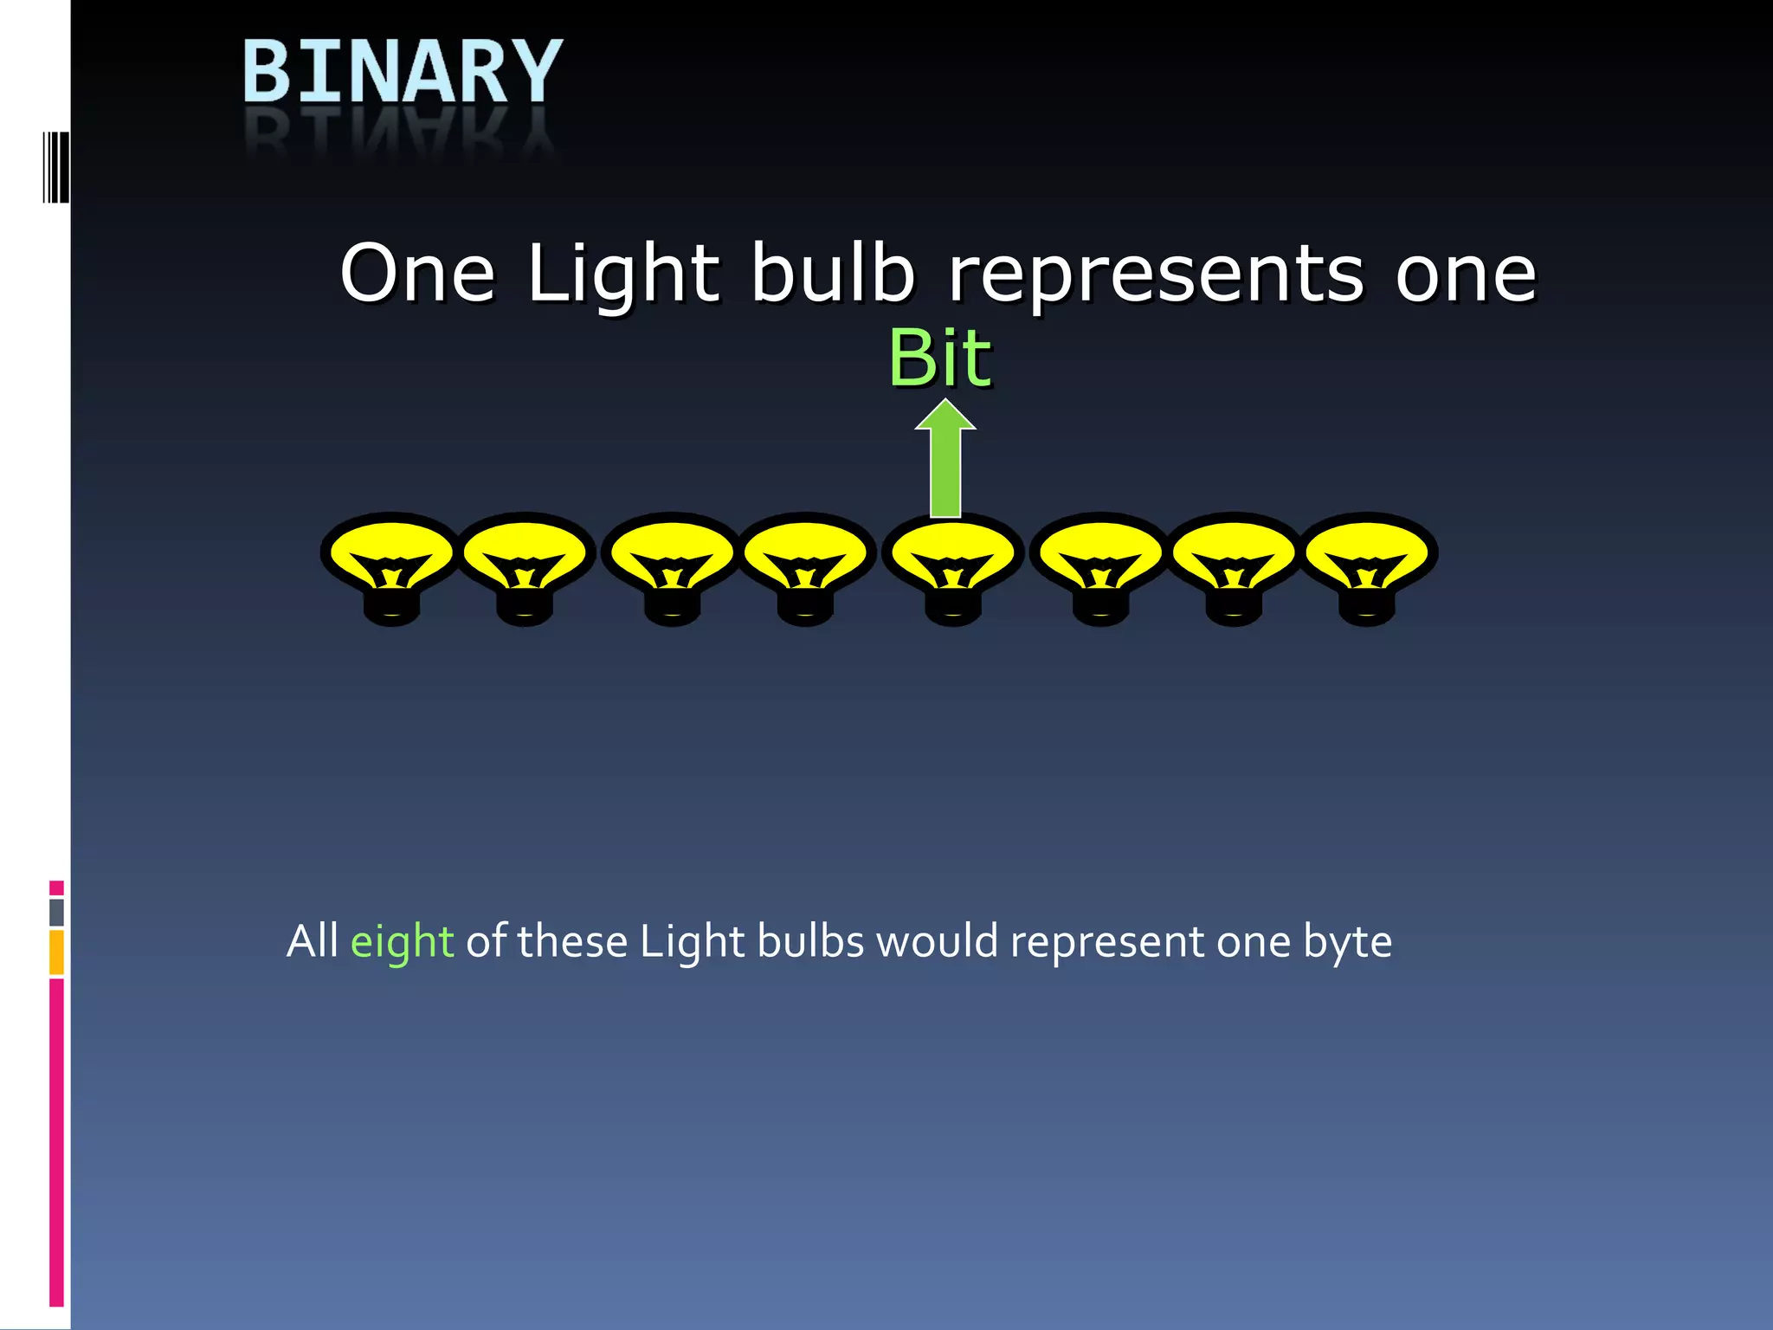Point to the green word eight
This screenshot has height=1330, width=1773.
(402, 942)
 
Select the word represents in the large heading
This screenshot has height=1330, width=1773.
(1156, 275)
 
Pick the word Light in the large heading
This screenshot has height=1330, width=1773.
(622, 275)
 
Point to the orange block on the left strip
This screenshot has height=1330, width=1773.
(56, 952)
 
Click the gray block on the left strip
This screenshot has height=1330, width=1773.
(56, 912)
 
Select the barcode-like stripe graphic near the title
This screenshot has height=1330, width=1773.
(56, 167)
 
